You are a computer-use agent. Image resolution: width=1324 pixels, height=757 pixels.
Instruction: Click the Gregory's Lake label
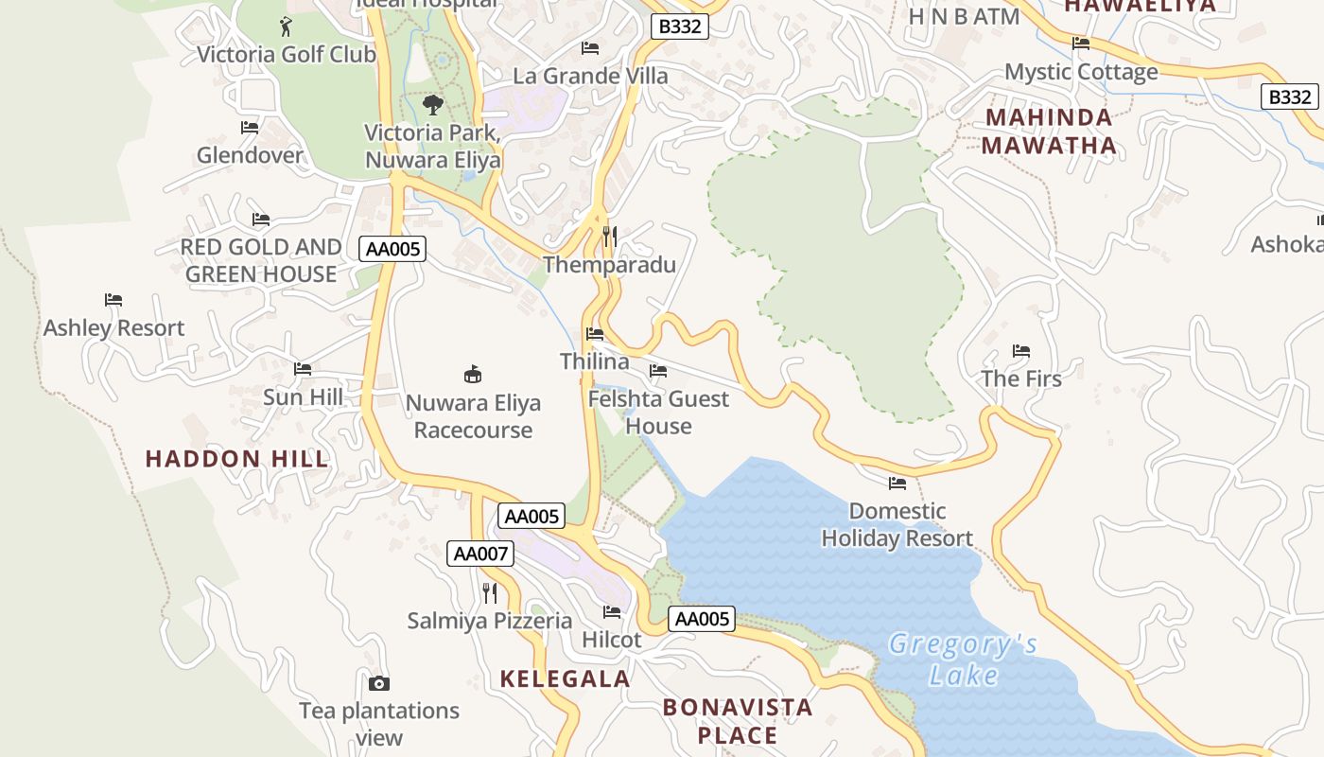pyautogui.click(x=963, y=660)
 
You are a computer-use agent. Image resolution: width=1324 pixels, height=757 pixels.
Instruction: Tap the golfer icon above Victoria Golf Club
pyautogui.click(x=286, y=26)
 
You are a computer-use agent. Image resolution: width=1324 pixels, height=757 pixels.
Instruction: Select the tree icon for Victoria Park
pyautogui.click(x=433, y=104)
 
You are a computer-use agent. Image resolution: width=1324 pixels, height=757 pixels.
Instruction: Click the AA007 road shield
pyautogui.click(x=480, y=554)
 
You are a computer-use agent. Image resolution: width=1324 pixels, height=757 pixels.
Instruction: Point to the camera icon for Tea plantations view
pyautogui.click(x=378, y=683)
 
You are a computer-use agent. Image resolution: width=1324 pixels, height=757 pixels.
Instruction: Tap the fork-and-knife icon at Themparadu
pyautogui.click(x=610, y=236)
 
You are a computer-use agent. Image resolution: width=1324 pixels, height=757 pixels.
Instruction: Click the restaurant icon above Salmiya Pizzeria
pyautogui.click(x=490, y=593)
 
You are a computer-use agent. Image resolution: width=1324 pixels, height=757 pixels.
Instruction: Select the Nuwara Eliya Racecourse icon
pyautogui.click(x=473, y=374)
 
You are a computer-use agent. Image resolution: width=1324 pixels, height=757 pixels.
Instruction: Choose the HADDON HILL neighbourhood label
pyautogui.click(x=236, y=460)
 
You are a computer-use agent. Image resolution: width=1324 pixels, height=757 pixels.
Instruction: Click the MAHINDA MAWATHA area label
pyautogui.click(x=1049, y=132)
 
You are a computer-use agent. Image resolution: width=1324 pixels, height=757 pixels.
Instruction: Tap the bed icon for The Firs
pyautogui.click(x=1020, y=351)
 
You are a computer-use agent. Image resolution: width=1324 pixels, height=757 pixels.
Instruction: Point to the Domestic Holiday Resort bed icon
pyautogui.click(x=897, y=484)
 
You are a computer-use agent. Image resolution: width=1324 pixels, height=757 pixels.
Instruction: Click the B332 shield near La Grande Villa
pyautogui.click(x=680, y=26)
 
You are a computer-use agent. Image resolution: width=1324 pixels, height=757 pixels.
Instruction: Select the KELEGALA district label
pyautogui.click(x=565, y=678)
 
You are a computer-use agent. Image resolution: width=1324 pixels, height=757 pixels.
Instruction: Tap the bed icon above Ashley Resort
pyautogui.click(x=113, y=300)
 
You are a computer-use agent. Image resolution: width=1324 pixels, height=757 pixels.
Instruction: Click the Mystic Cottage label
pyautogui.click(x=1081, y=72)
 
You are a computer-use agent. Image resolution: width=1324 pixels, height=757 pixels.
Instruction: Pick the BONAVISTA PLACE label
pyautogui.click(x=738, y=721)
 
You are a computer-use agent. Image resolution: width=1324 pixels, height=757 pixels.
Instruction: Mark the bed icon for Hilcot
pyautogui.click(x=612, y=612)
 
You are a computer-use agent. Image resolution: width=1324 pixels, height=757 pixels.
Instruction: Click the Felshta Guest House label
pyautogui.click(x=658, y=412)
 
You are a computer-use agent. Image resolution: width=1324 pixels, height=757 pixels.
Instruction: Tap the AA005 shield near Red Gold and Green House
pyautogui.click(x=392, y=249)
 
